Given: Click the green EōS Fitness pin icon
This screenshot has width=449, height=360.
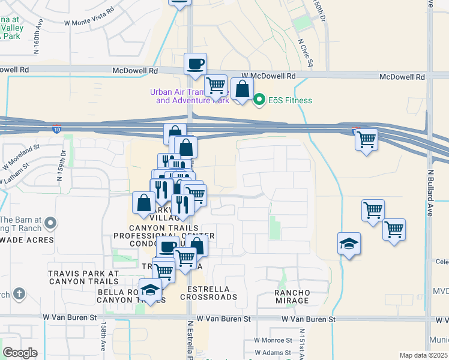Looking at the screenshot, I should [259, 100].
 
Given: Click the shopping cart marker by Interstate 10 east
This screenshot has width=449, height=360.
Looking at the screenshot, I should [366, 140].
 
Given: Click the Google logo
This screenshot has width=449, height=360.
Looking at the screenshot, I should [20, 353].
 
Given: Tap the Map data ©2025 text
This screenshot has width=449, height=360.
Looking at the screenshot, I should [423, 355].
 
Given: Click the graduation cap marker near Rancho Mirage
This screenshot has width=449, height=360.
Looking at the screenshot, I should [349, 244].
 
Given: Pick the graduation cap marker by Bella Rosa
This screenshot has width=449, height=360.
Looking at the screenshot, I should [150, 290].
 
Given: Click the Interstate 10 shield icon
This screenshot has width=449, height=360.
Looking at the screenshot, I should [56, 128].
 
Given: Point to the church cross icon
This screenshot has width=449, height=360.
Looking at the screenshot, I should [19, 294].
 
